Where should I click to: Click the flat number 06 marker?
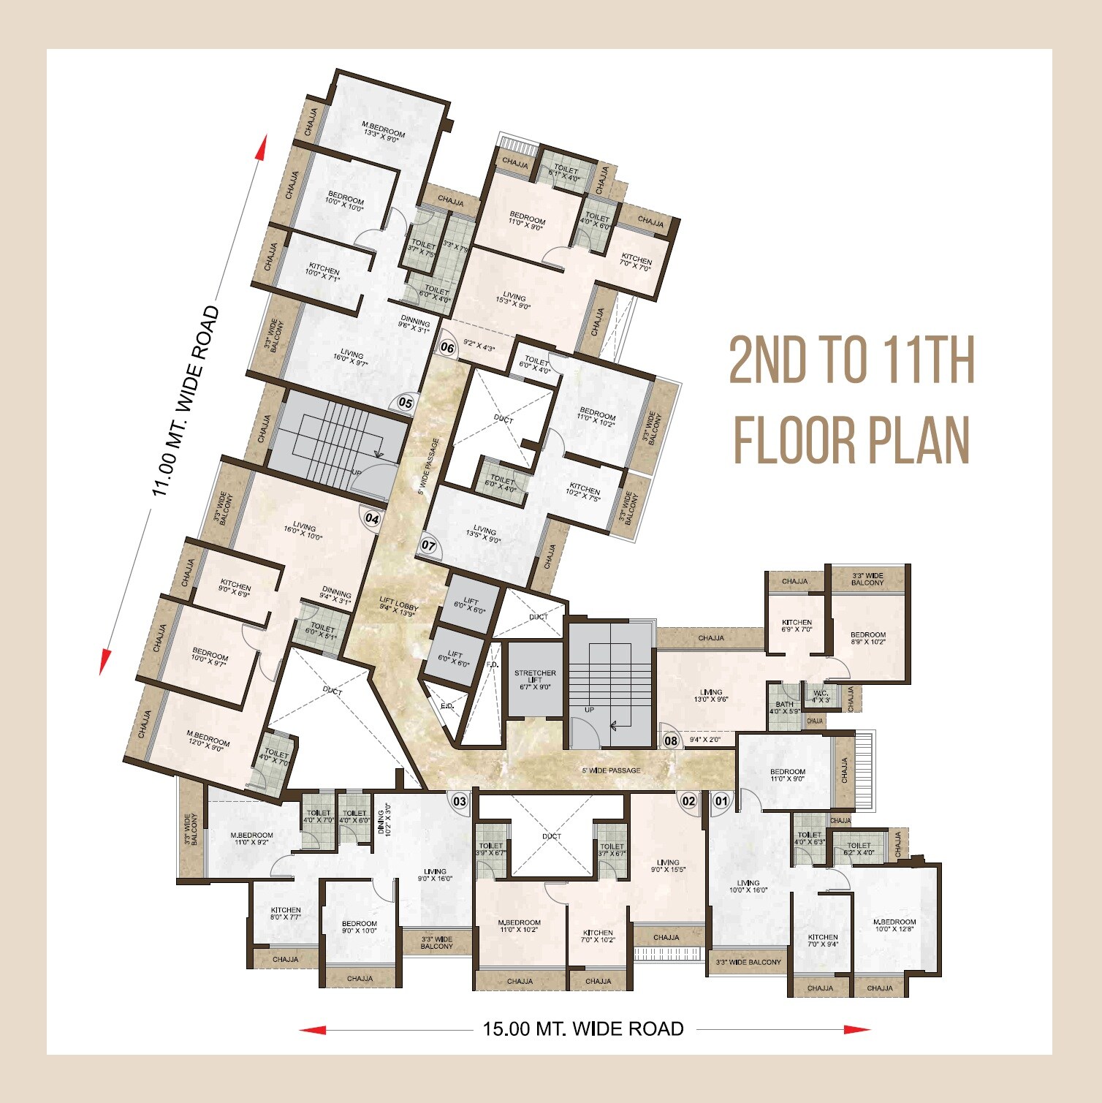[x=448, y=348]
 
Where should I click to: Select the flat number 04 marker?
[x=372, y=519]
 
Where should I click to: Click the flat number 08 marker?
[x=671, y=740]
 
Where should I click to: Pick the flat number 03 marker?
[x=460, y=801]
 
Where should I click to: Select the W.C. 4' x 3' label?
[x=821, y=696]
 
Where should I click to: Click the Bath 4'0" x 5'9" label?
[x=785, y=708]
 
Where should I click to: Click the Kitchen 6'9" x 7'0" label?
[x=797, y=626]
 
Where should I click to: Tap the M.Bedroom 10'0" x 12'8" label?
[x=894, y=926]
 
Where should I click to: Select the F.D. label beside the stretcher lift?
[x=493, y=665]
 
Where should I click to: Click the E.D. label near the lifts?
[x=447, y=706]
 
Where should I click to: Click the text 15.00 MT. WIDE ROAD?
[x=583, y=1029]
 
